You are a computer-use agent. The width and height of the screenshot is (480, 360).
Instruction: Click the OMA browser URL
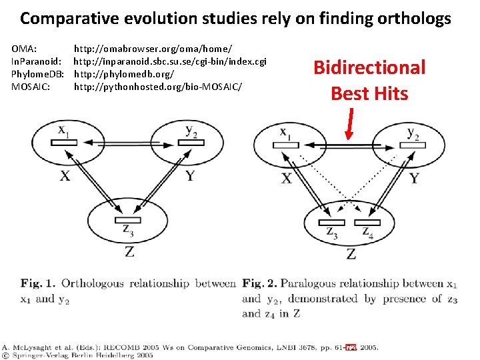(x=153, y=49)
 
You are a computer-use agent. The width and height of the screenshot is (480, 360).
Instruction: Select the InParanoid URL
(x=170, y=61)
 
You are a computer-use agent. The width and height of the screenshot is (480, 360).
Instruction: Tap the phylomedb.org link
(x=124, y=74)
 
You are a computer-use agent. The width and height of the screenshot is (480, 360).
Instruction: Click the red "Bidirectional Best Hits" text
(x=369, y=80)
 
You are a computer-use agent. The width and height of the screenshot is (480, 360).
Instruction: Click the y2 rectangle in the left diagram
(x=191, y=142)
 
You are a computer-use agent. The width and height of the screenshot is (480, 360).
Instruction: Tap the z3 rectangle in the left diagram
(x=128, y=220)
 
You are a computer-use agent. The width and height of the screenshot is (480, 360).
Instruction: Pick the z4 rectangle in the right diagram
(x=367, y=223)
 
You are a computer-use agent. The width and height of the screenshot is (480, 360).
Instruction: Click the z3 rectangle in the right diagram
(x=331, y=223)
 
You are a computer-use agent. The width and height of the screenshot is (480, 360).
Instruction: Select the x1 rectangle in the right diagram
(x=285, y=143)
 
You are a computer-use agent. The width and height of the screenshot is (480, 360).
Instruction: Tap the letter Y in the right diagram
(x=414, y=177)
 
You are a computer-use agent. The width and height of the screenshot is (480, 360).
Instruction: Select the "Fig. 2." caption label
(x=259, y=283)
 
